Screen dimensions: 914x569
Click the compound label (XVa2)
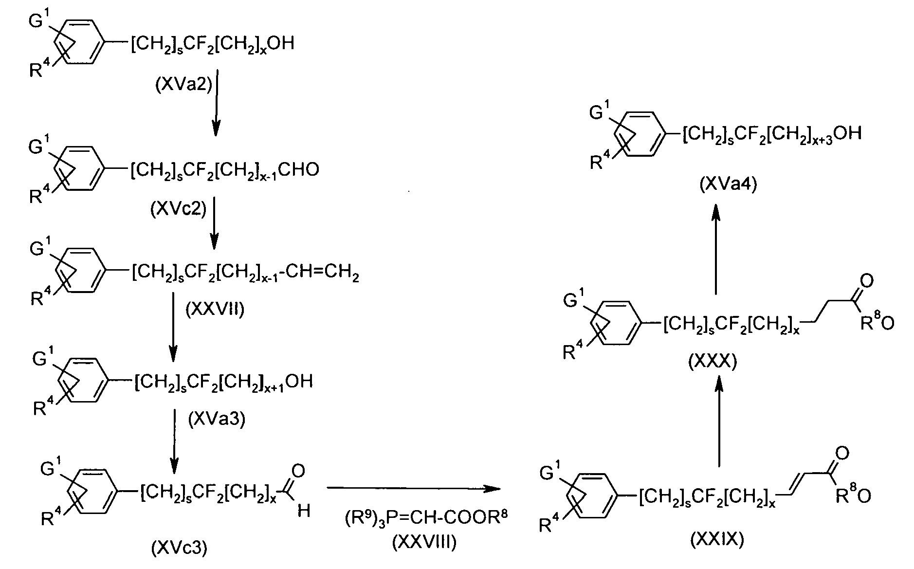(x=183, y=86)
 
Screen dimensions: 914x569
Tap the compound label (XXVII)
(x=215, y=309)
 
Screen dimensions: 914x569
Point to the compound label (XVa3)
(x=216, y=420)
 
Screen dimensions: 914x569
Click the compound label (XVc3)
(x=180, y=549)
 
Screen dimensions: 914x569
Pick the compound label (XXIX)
(x=717, y=540)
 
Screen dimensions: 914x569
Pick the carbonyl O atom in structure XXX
(x=867, y=280)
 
